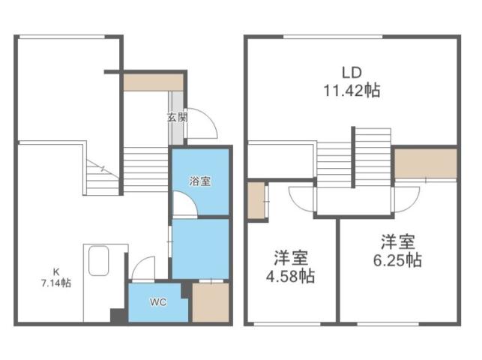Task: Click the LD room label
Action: (352, 73)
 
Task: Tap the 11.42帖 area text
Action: (352, 91)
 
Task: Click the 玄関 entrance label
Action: (176, 117)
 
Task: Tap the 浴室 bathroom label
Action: (199, 180)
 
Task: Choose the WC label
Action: (157, 302)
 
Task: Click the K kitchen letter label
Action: (55, 271)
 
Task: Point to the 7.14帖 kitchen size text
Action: (56, 283)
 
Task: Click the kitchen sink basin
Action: (99, 262)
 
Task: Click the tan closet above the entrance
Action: (153, 82)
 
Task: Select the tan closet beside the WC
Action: (210, 301)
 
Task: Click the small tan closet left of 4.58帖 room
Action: (256, 200)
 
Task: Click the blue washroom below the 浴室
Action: (200, 247)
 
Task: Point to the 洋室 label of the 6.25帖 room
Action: (398, 242)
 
